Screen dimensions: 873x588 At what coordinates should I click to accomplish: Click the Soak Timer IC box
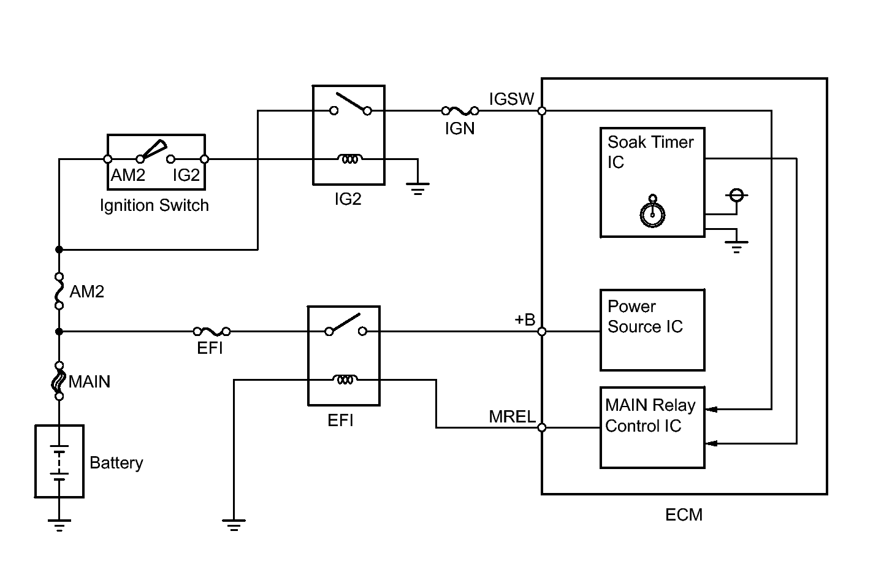652,182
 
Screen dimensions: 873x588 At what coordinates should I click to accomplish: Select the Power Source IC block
652,330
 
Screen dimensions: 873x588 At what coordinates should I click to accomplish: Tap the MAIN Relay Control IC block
652,427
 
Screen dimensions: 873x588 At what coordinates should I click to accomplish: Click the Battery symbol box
59,461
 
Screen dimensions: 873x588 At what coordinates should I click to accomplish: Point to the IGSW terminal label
511,99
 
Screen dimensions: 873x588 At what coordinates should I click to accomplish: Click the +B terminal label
525,319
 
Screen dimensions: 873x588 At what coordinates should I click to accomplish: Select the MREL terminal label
512,416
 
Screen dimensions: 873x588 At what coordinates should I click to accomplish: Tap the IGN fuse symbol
460,111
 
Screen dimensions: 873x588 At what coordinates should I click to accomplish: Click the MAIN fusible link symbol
59,381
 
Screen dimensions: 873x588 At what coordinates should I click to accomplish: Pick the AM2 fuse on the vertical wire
59,291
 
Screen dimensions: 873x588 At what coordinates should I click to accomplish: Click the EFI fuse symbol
212,332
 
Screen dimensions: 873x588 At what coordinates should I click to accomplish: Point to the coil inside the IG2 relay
349,159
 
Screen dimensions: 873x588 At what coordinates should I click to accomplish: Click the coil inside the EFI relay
345,380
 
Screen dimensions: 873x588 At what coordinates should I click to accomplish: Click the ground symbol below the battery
59,525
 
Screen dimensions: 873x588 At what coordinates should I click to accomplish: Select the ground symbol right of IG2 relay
417,189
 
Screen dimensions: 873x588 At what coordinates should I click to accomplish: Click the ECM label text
684,515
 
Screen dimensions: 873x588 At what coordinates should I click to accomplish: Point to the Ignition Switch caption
154,205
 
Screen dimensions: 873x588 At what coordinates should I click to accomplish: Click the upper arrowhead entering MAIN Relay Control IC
712,409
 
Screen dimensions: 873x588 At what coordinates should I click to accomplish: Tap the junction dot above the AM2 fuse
59,250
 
